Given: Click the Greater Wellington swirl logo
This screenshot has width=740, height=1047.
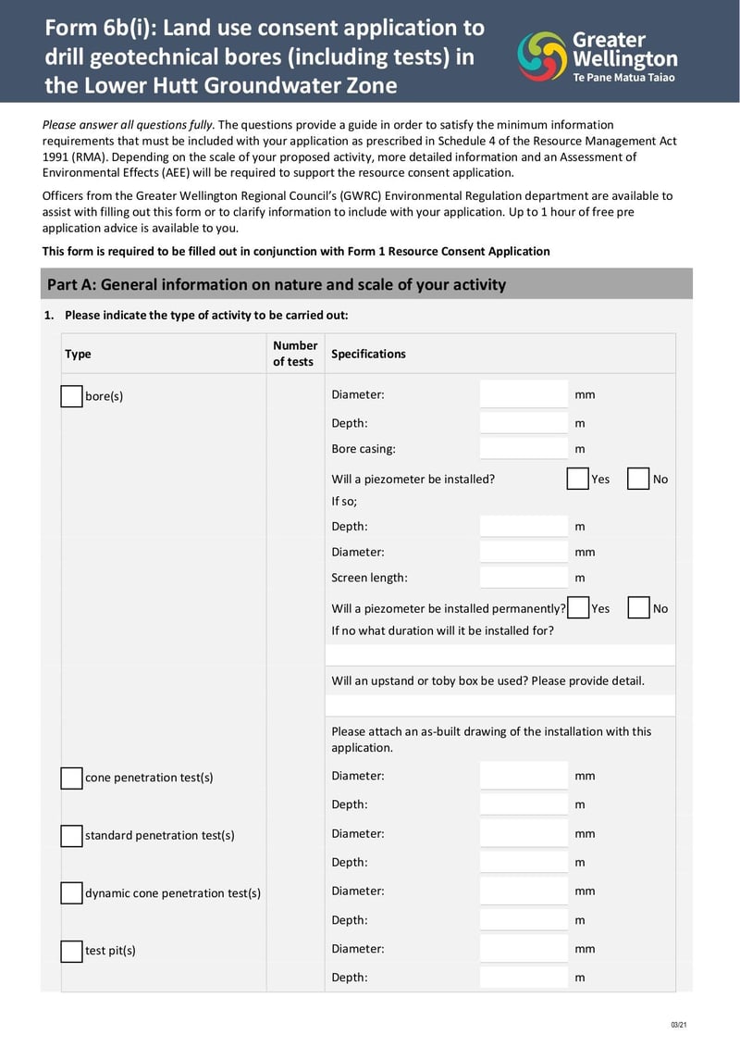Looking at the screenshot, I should (541, 56).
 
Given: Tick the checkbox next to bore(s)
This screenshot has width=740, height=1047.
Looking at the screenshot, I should (71, 396).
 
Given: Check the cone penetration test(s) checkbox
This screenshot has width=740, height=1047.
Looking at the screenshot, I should (71, 778).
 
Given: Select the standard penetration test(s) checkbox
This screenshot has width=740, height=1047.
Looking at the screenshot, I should (71, 835).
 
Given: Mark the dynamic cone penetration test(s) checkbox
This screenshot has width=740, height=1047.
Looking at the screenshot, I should (71, 893).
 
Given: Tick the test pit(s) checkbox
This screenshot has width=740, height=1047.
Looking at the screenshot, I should (71, 951).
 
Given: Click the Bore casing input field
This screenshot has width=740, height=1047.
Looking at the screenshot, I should (524, 449).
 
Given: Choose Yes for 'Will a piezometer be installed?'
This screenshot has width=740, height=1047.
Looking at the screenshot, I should (577, 479).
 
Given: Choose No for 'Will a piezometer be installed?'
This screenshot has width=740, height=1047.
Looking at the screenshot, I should (637, 479).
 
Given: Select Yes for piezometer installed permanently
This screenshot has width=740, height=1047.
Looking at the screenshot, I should (577, 608).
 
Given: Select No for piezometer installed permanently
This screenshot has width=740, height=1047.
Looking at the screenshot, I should (637, 608).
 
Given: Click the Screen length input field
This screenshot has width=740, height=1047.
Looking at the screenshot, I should (524, 578).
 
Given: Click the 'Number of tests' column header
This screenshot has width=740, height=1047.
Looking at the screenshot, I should (295, 354).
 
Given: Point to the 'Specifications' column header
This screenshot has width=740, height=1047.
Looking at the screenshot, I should (368, 354).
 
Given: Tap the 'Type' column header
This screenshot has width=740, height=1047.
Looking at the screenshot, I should (79, 354).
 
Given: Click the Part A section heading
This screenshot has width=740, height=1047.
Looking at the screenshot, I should (277, 284).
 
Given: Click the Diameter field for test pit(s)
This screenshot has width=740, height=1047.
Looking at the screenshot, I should (524, 949).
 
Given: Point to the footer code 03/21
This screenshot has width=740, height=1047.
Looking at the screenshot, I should (678, 1024).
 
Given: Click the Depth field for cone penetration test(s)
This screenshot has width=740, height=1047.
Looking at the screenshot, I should (524, 804).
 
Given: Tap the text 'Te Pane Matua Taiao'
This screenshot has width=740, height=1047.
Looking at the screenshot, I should (623, 78).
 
